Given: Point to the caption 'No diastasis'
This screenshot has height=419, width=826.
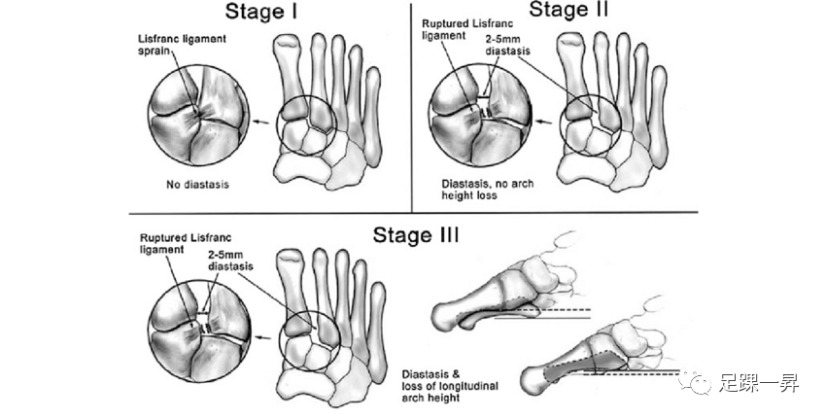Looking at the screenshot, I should [196, 182].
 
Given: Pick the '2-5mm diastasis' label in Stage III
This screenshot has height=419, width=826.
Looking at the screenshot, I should [230, 260].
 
